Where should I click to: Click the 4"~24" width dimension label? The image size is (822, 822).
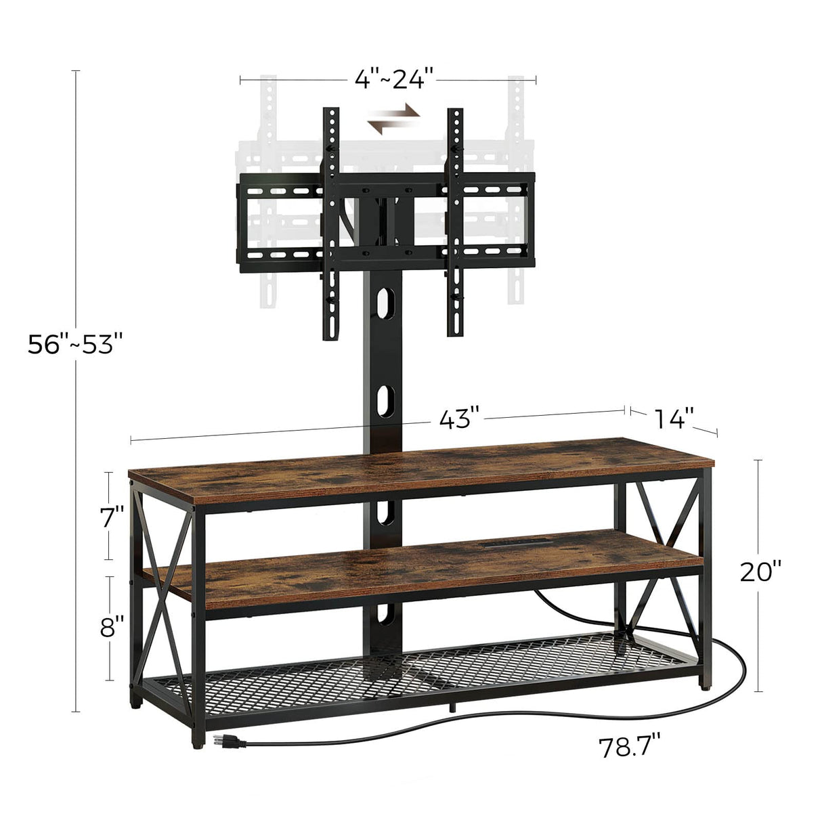click(x=393, y=80)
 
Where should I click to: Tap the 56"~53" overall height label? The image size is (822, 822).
click(x=75, y=345)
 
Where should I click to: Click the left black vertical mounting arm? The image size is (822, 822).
click(x=331, y=223)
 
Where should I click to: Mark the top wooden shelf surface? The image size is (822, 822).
click(x=420, y=467)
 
